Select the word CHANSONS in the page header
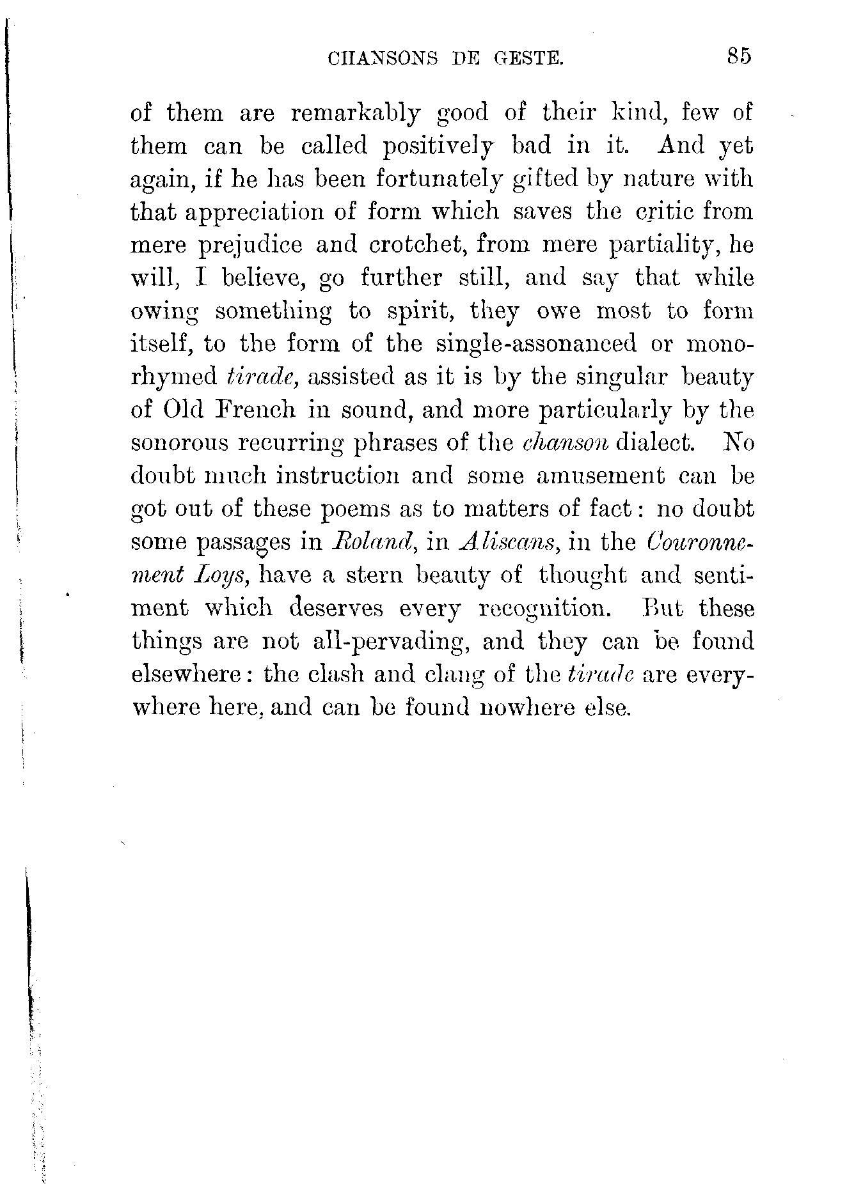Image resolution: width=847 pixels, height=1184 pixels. click(x=383, y=59)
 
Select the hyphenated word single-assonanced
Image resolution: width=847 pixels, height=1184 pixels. click(x=536, y=344)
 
